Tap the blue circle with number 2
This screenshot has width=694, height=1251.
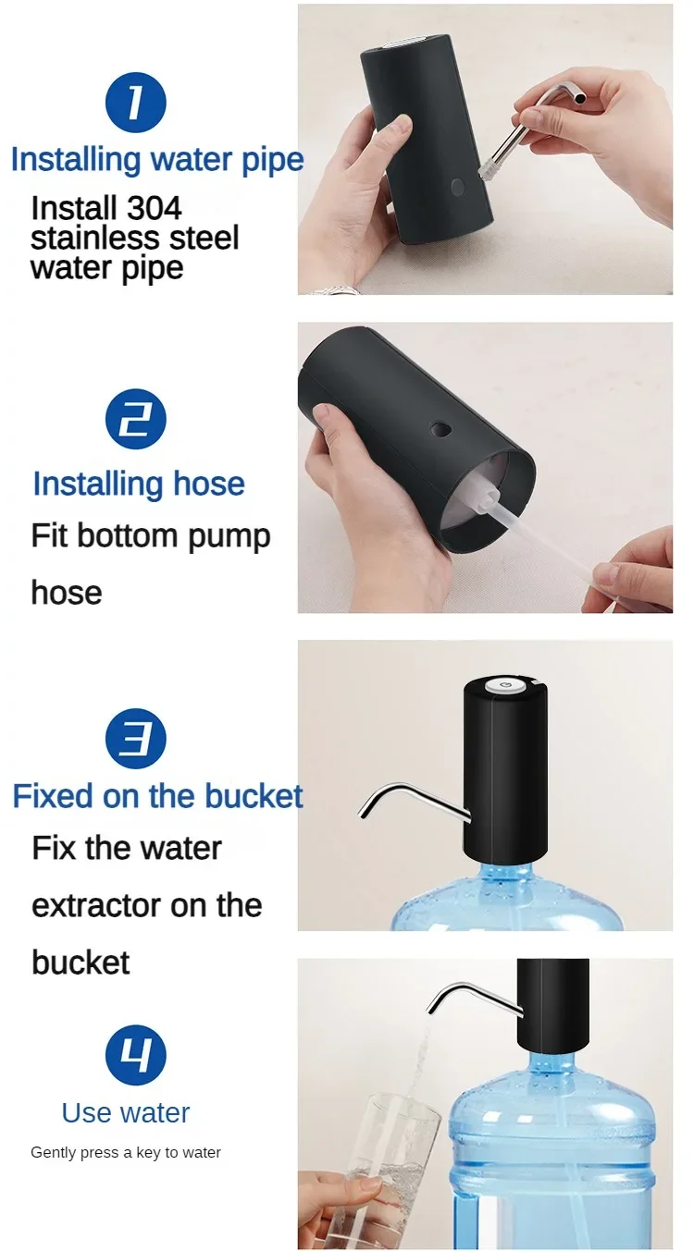click(135, 420)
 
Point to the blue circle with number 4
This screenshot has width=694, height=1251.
click(135, 1055)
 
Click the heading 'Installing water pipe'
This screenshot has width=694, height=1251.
click(157, 159)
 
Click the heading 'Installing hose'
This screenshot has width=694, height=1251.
click(139, 484)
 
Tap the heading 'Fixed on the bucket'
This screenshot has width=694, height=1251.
click(157, 796)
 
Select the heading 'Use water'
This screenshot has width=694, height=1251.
click(126, 1112)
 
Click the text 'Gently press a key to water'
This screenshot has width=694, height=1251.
click(126, 1152)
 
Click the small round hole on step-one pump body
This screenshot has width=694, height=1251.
click(458, 186)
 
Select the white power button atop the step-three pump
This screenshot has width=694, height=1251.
click(505, 684)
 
